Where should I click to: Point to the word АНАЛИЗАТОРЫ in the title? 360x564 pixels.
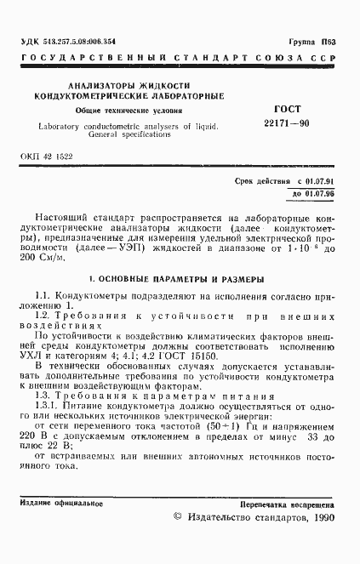[x=103, y=85]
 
